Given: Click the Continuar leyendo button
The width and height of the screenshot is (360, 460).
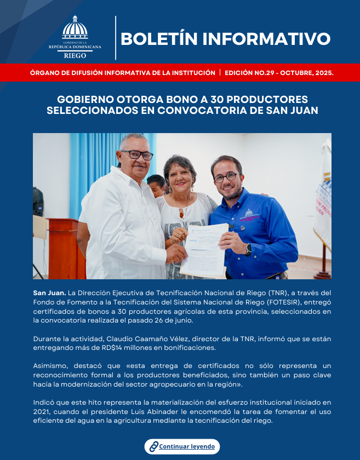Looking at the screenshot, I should pos(182,446).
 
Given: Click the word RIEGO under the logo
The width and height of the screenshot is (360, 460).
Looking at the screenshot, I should pos(75,55).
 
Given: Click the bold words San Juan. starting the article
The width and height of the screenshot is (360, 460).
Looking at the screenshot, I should pos(49,294).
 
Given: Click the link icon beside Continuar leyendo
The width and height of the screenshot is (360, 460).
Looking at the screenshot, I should pos(153,446).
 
